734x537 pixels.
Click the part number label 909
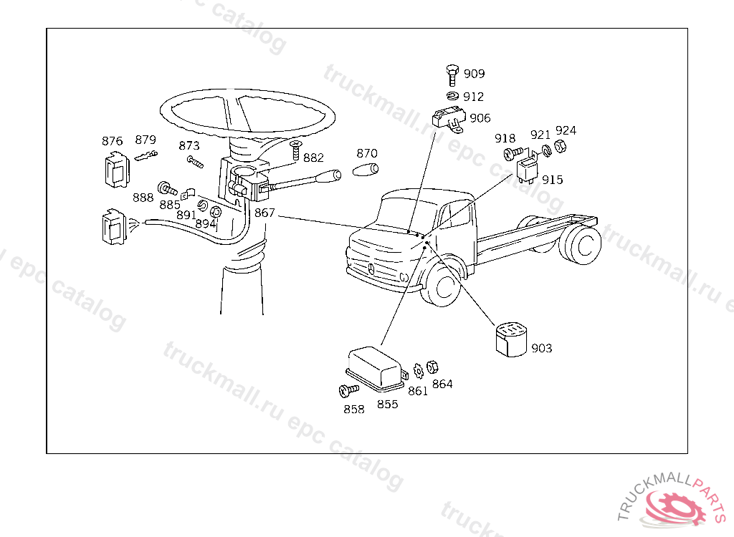(x=475, y=74)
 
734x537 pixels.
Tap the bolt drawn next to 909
(x=452, y=75)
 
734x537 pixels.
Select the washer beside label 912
(x=452, y=97)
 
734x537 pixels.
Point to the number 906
(x=480, y=118)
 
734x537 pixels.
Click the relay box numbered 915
(x=527, y=169)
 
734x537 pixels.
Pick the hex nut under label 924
(x=560, y=146)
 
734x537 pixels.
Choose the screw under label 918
(x=513, y=153)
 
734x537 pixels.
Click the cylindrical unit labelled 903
(x=510, y=339)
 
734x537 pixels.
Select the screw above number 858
(x=349, y=390)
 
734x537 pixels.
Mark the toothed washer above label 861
(x=419, y=370)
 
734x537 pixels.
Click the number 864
(x=442, y=384)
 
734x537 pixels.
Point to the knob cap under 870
(x=366, y=169)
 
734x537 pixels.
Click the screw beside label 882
(x=295, y=149)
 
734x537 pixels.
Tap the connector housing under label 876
(x=115, y=169)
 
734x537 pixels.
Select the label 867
(x=264, y=213)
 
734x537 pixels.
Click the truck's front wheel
(x=443, y=284)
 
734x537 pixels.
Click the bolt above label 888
(x=167, y=188)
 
